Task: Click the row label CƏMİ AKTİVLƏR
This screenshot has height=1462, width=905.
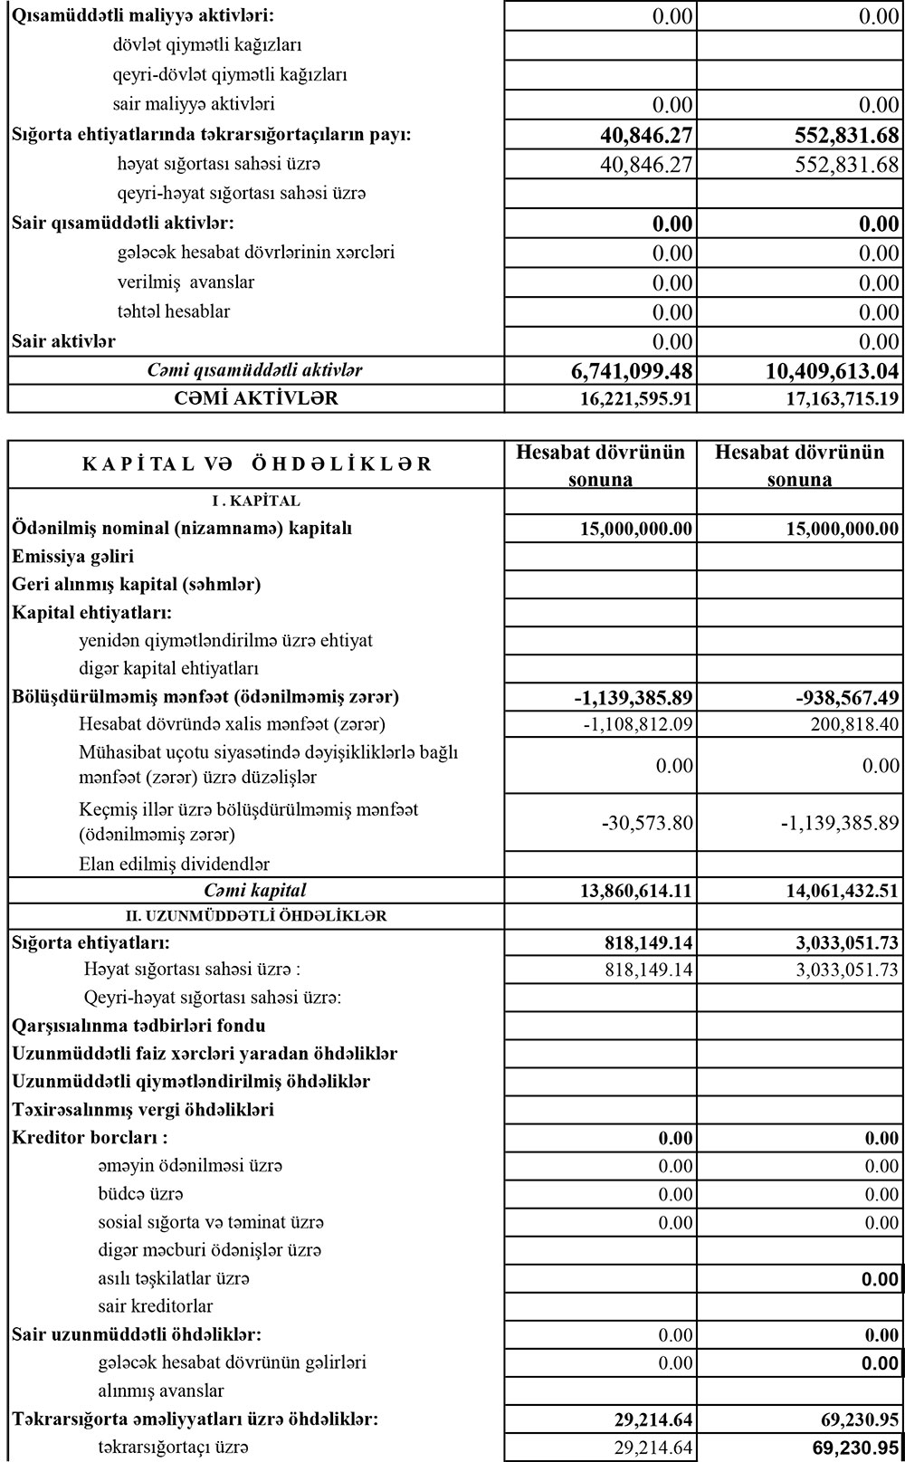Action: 256,398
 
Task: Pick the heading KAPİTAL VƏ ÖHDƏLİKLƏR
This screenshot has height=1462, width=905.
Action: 257,465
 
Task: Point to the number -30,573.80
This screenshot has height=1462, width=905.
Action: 646,823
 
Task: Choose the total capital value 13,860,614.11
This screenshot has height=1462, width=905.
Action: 636,891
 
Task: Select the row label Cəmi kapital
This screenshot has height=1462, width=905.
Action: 255,891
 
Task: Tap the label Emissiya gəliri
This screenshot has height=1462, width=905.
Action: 73,557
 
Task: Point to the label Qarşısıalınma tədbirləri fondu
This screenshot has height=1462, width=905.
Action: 138,1026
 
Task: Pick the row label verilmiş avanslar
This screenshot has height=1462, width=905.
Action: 186,282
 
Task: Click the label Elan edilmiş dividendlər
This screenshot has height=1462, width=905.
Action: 174,864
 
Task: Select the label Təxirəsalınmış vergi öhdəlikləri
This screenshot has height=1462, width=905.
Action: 143,1110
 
